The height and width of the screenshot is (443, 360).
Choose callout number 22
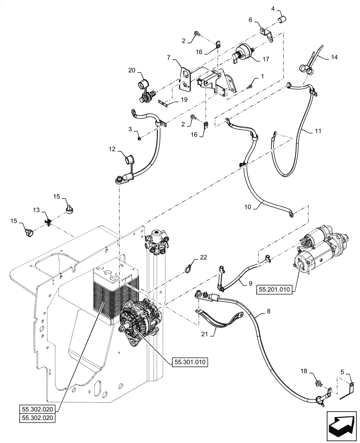tap(203, 256)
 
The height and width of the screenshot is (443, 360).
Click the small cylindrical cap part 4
tap(280, 19)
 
